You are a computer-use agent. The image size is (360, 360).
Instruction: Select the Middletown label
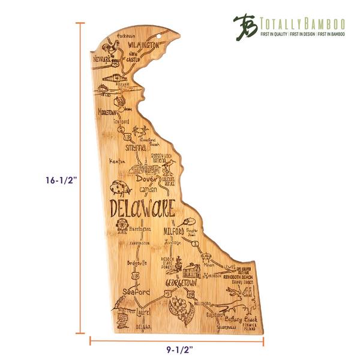pos(110,112)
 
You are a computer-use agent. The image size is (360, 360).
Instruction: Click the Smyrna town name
pos(136,147)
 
